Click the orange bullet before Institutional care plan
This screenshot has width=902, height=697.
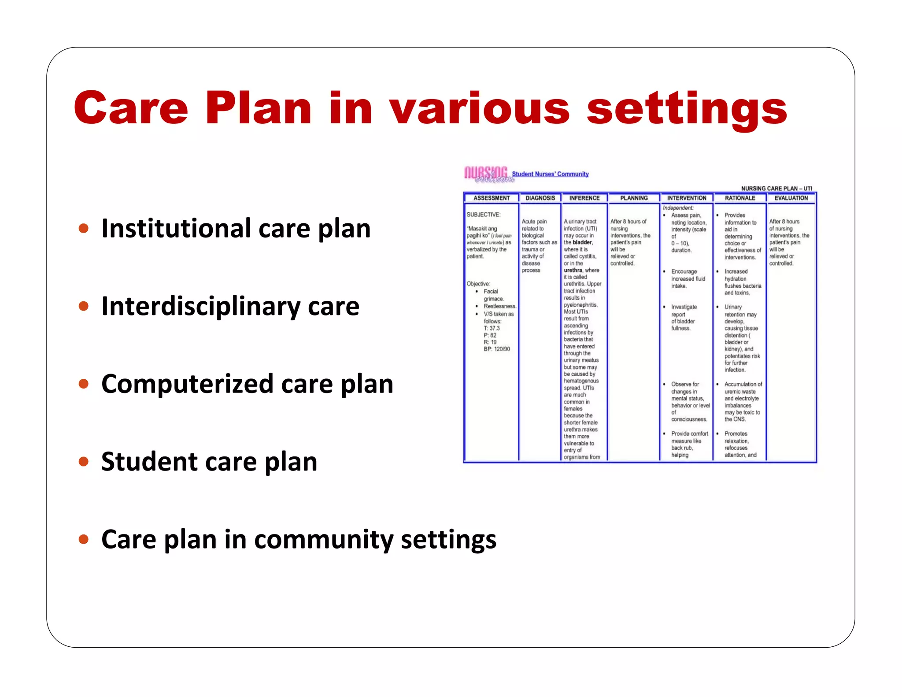83,228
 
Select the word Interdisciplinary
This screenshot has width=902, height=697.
201,307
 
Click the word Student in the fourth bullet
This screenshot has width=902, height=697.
149,462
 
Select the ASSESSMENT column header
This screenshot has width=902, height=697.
492,198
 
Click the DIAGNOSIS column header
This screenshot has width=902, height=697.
540,198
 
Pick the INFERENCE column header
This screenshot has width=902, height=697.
584,198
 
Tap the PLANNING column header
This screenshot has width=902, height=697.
634,198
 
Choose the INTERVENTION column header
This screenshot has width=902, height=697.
687,198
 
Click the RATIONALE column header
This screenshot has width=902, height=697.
740,198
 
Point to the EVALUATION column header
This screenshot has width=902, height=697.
791,198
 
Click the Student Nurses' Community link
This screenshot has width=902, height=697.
550,174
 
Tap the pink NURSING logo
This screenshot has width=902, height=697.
487,174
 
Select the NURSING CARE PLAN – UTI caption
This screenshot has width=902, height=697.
776,189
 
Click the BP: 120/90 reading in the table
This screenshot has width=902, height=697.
497,349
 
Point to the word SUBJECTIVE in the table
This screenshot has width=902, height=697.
483,215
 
